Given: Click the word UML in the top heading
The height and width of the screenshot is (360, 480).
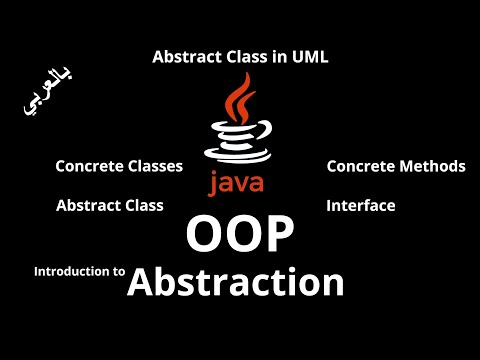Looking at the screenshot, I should tap(310, 58).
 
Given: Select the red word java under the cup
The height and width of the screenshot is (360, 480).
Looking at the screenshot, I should tap(236, 183).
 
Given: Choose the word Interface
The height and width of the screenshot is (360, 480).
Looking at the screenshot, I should tap(361, 206).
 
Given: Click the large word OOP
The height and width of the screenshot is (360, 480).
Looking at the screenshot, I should tap(240, 237).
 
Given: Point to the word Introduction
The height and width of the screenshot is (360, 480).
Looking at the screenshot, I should tap(71, 271).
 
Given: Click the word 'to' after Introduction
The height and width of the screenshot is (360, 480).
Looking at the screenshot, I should tap(118, 271).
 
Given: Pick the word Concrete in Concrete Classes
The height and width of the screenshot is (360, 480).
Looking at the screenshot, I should tap(87, 166).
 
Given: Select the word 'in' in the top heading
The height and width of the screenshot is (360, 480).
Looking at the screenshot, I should tap(273, 58).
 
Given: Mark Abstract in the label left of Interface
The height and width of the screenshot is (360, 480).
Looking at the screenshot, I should tap(87, 206).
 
